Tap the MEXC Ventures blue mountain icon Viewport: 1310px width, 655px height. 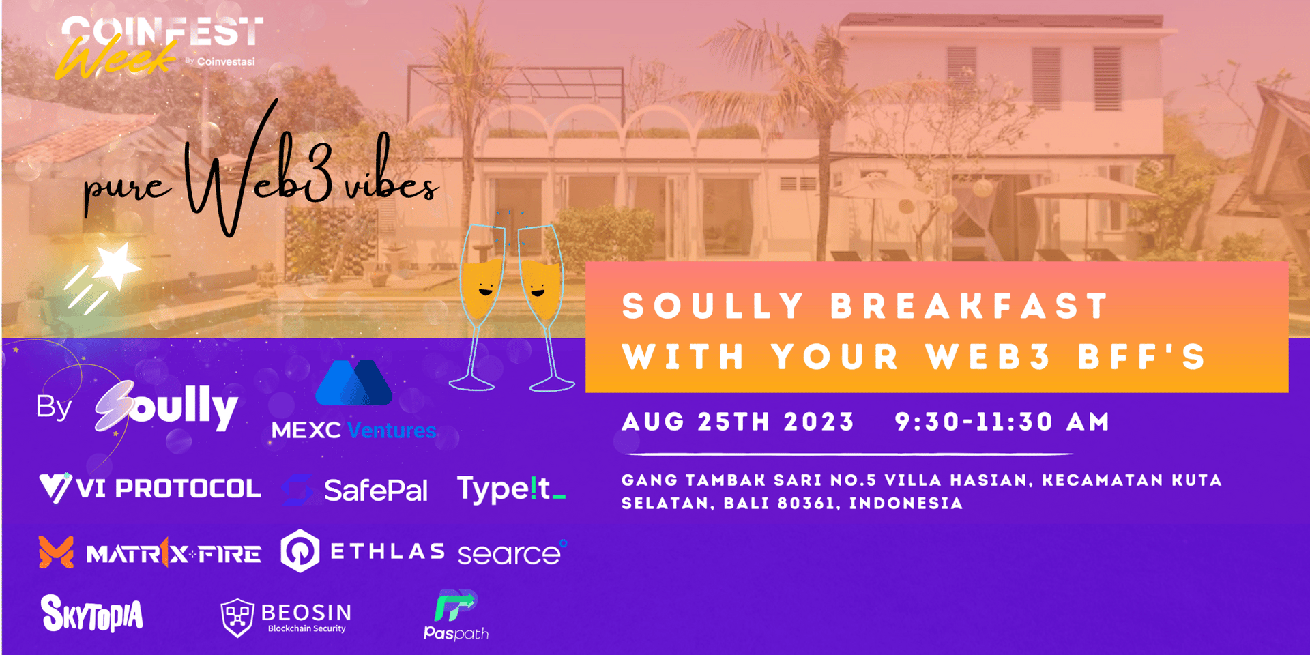[x=353, y=383]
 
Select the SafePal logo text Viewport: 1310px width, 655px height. [x=376, y=491]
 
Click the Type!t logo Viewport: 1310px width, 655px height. [x=511, y=489]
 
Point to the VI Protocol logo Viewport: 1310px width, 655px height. [x=150, y=488]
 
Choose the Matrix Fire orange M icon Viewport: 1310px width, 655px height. [x=56, y=552]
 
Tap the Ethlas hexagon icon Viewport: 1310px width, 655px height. [x=300, y=551]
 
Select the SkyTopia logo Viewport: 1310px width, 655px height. [x=92, y=613]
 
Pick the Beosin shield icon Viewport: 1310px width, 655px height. [x=237, y=617]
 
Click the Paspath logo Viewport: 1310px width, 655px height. [x=456, y=615]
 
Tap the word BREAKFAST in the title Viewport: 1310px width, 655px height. [x=970, y=306]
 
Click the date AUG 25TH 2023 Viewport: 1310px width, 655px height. [x=738, y=422]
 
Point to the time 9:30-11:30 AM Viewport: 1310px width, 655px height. [x=1002, y=422]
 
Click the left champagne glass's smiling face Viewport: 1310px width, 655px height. [x=486, y=290]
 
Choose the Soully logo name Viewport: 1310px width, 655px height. [x=166, y=407]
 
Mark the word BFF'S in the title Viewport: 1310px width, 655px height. [x=1142, y=356]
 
